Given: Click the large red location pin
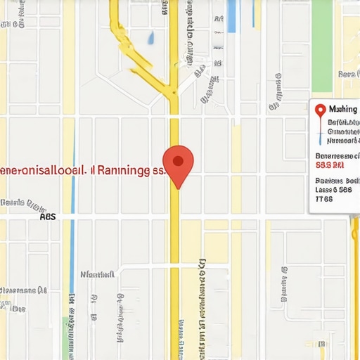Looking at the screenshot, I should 178,162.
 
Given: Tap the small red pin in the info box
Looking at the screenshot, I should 320,111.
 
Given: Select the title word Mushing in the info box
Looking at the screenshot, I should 343,110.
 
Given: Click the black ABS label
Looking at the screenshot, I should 47,217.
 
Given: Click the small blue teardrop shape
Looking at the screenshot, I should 151,37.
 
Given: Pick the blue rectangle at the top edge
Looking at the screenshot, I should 232,15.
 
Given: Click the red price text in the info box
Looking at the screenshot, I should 330,166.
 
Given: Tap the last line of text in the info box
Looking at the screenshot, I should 323,199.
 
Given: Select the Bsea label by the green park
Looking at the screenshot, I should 347,74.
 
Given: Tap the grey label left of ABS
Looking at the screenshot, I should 21,205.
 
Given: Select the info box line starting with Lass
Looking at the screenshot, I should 333,189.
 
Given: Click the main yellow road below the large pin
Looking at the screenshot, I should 174,281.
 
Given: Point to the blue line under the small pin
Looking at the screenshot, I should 321,129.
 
